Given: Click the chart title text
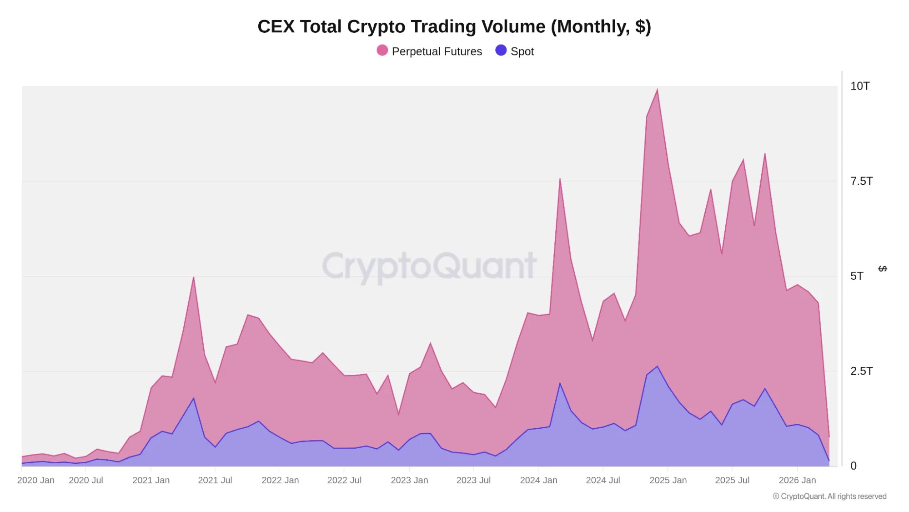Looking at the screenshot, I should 454,26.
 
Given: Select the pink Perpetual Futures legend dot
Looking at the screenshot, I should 382,51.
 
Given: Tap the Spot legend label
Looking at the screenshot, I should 522,51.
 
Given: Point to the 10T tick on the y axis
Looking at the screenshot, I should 860,86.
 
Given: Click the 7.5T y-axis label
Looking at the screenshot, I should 861,181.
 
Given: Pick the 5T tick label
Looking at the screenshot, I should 857,276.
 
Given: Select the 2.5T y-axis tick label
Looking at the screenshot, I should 861,371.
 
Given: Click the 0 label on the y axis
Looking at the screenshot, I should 854,466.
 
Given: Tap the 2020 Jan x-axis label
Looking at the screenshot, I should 36,480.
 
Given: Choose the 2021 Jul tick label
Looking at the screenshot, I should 215,480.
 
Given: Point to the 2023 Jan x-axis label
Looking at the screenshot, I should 409,480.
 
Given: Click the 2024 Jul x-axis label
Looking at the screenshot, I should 603,480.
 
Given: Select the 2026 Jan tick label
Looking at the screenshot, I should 797,480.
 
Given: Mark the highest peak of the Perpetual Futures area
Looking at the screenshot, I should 657,90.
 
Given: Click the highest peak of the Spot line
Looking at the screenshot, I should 657,366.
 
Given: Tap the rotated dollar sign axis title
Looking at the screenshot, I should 883,269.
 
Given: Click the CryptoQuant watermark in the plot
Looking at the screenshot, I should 429,266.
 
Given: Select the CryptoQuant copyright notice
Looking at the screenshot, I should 829,496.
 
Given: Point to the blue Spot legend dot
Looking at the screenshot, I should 501,51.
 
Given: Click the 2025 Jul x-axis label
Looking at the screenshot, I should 732,480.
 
